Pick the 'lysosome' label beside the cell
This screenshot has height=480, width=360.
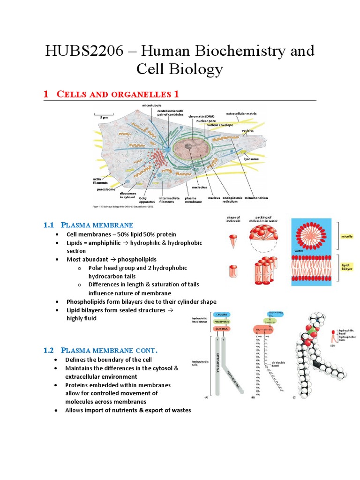click(251, 159)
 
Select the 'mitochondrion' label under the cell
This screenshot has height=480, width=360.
click(256, 198)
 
